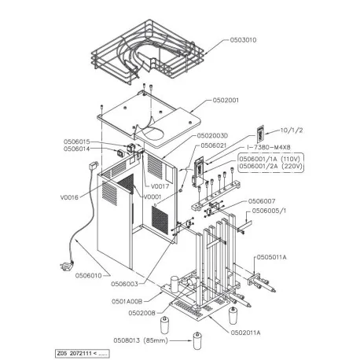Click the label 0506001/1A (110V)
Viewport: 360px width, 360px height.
coord(266,158)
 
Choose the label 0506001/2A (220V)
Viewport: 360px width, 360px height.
coord(266,166)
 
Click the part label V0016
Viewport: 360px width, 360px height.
coord(69,197)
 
